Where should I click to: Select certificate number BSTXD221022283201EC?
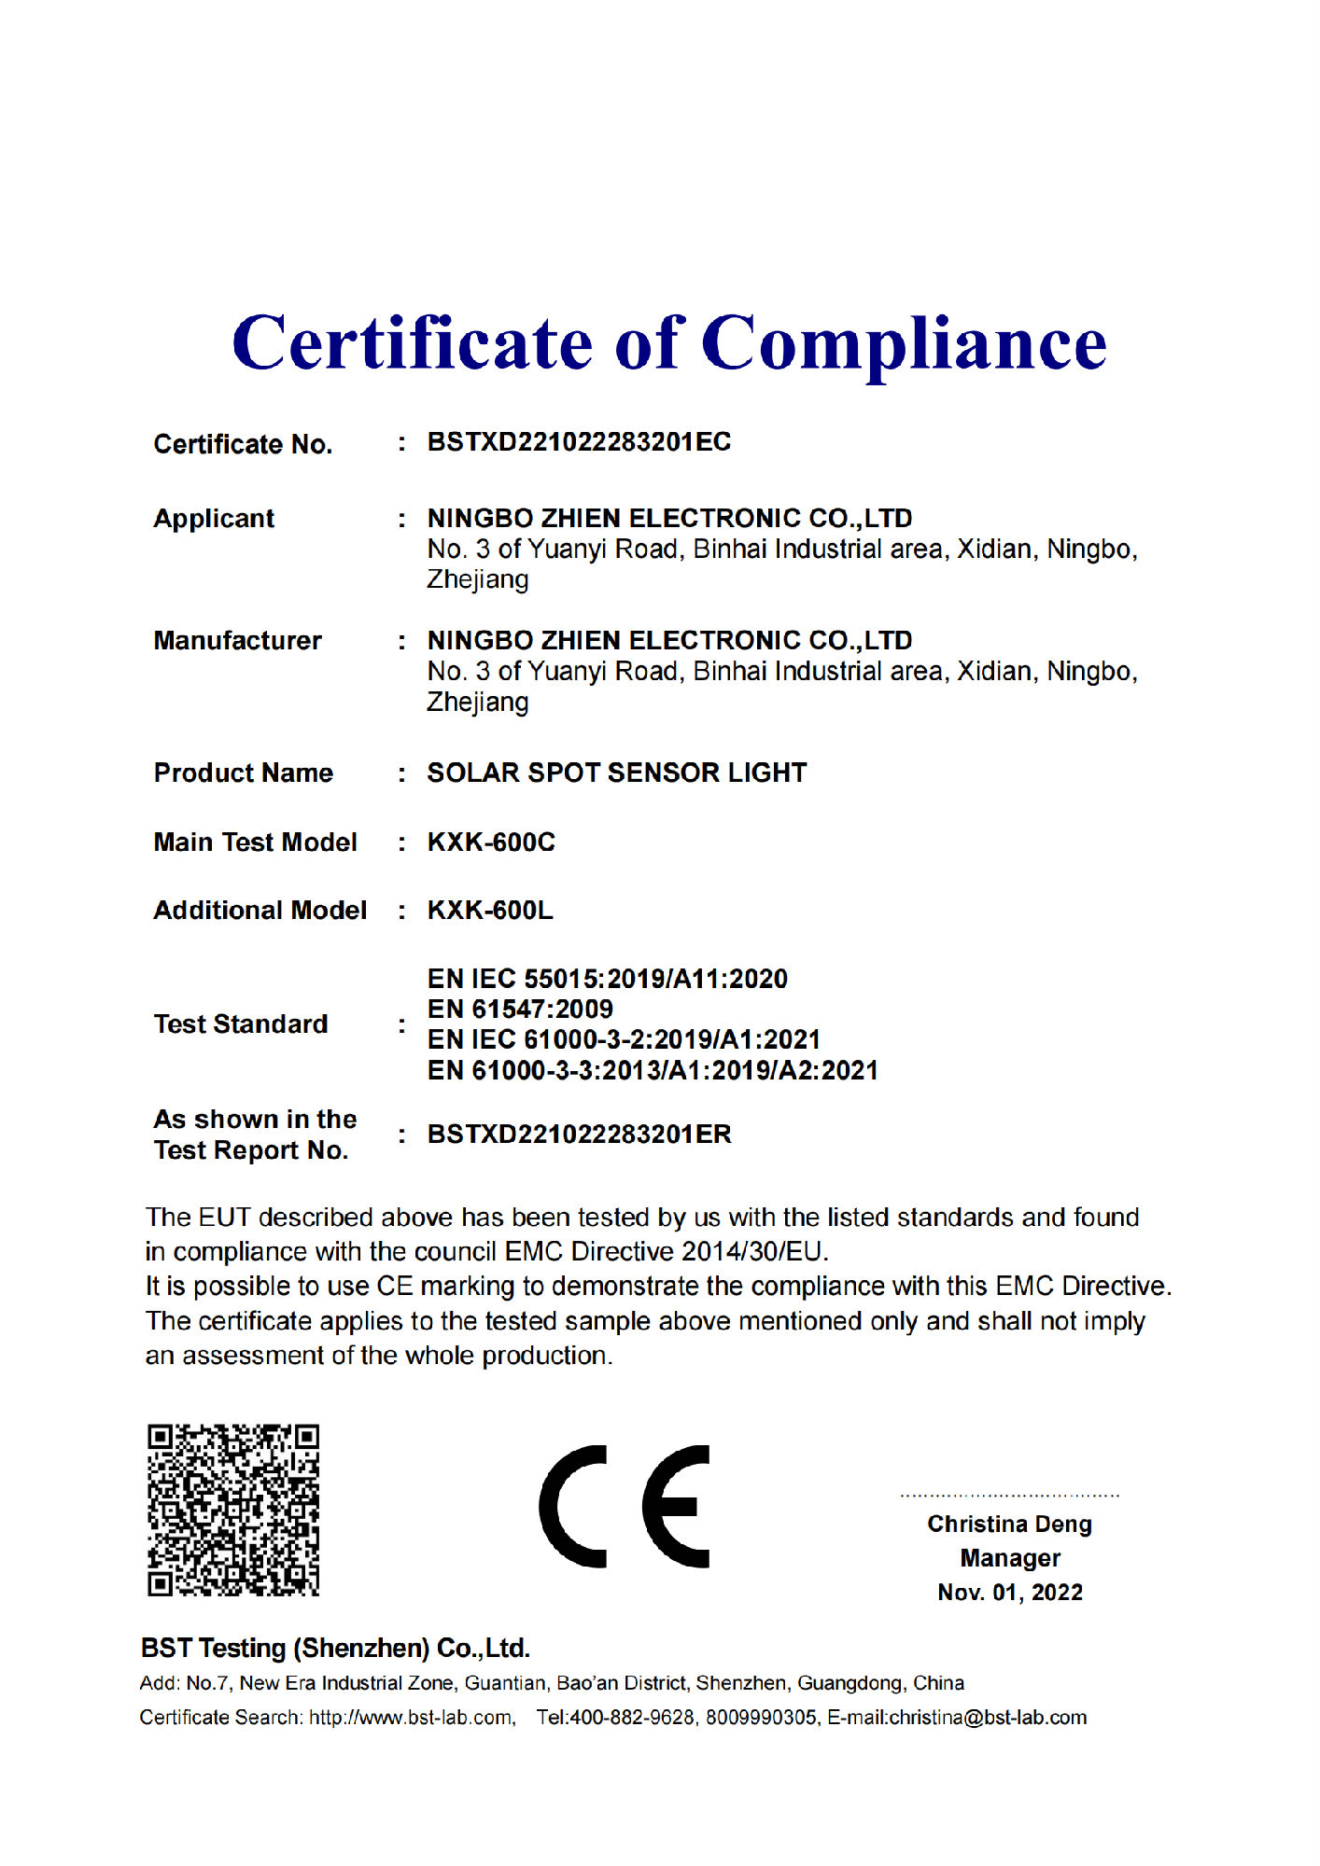(x=579, y=442)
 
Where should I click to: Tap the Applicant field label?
(x=214, y=519)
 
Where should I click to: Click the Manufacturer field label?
(x=237, y=641)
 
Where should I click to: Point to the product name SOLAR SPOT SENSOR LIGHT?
(x=616, y=773)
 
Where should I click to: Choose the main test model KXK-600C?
(x=491, y=842)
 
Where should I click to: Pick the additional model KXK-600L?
(x=490, y=911)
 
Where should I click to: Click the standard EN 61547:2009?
(x=520, y=1010)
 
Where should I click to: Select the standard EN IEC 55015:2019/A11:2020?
(x=607, y=979)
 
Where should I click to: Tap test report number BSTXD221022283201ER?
(x=579, y=1135)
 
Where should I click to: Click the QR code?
(x=233, y=1510)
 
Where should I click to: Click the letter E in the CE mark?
(x=676, y=1507)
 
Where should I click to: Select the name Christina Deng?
(x=1009, y=1525)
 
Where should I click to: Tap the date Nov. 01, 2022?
(x=1010, y=1593)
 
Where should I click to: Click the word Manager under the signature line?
(x=1010, y=1559)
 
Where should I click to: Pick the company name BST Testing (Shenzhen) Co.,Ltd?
(x=335, y=1649)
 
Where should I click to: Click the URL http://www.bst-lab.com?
(x=411, y=1718)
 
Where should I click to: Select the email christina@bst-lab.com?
(x=988, y=1718)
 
